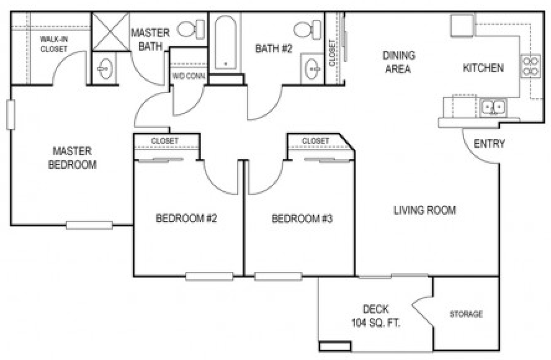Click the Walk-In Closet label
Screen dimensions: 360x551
(x=53, y=44)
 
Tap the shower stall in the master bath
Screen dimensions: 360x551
(x=109, y=31)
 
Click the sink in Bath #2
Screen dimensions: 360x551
(x=311, y=69)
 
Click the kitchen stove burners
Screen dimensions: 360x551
(x=531, y=66)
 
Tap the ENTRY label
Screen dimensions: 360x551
(x=489, y=144)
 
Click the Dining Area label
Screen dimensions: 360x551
(x=398, y=62)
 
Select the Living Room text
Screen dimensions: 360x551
(x=424, y=210)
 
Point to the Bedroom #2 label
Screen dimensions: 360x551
(x=186, y=218)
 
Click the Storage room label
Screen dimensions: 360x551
(x=466, y=314)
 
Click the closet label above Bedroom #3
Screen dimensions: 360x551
(x=315, y=142)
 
